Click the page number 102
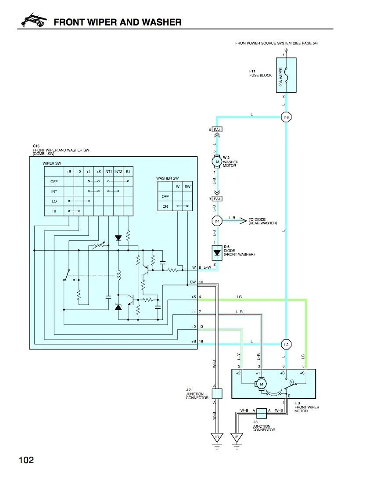click(26, 460)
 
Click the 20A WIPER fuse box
click(286, 75)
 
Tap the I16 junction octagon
click(286, 117)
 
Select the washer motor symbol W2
click(217, 162)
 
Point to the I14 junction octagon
click(217, 221)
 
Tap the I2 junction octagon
click(286, 344)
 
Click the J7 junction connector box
click(217, 393)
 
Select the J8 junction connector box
click(261, 413)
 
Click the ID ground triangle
click(217, 437)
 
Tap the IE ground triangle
click(237, 437)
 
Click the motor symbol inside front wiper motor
click(261, 384)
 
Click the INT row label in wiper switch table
click(54, 191)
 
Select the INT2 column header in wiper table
click(118, 172)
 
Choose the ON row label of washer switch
click(165, 206)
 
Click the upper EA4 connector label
click(217, 130)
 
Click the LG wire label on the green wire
click(240, 297)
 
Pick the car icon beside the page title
click(34, 20)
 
